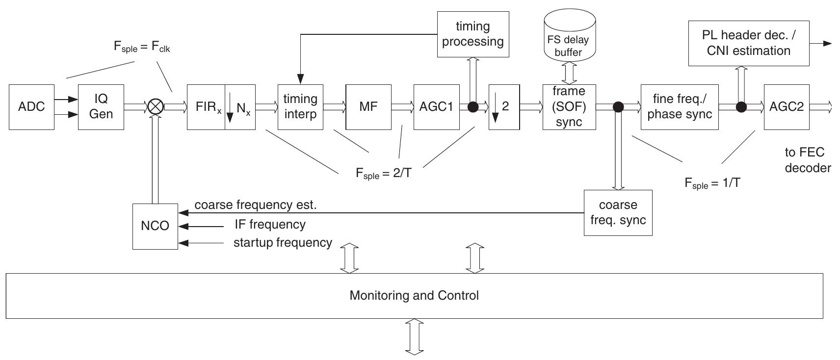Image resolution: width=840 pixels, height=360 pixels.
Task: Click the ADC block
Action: (31, 107)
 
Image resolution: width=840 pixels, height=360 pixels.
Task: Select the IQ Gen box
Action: (101, 107)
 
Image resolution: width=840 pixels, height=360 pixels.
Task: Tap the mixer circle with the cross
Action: (156, 106)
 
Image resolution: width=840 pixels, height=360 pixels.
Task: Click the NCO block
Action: (155, 226)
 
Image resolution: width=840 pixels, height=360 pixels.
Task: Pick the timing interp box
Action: (300, 106)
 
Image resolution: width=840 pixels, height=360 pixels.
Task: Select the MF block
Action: (368, 106)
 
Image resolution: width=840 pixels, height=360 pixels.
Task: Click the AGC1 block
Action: (436, 106)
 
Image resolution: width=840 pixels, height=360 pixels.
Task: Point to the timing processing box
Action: (472, 34)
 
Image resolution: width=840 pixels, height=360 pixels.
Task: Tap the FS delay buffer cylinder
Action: (569, 39)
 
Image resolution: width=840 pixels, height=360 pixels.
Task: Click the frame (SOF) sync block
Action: (569, 106)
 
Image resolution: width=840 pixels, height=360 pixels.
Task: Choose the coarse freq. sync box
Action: (618, 213)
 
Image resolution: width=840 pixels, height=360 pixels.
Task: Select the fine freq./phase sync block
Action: (679, 106)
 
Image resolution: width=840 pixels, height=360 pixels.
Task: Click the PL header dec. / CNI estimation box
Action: (748, 43)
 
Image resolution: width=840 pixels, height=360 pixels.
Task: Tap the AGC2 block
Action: (786, 106)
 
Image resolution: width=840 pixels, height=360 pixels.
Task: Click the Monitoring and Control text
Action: (414, 296)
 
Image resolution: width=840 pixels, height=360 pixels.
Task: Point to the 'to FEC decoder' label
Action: (807, 160)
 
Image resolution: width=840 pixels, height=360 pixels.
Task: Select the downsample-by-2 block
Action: (504, 106)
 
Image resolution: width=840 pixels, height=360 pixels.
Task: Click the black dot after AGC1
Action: (473, 106)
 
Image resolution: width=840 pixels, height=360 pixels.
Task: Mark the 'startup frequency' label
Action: (283, 243)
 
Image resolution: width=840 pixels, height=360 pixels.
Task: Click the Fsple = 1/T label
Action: (712, 183)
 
